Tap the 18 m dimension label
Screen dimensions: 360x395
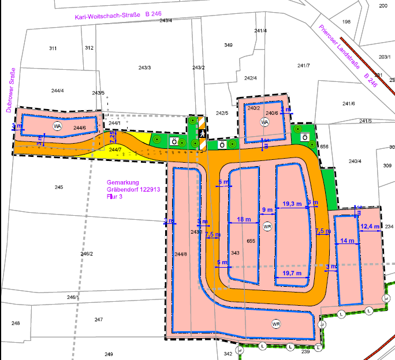coord(244,220)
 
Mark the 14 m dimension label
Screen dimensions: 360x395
coord(347,241)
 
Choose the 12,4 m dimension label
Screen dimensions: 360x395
coord(370,227)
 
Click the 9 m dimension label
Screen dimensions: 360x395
coord(267,210)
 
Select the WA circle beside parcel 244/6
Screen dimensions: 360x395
coord(57,126)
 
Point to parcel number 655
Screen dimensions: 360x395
coord(251,241)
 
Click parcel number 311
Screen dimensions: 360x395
coord(53,48)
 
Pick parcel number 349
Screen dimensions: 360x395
coord(228,45)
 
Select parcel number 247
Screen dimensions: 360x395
coord(99,320)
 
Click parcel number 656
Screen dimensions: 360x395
coord(324,147)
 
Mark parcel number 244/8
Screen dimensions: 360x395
coord(181,254)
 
